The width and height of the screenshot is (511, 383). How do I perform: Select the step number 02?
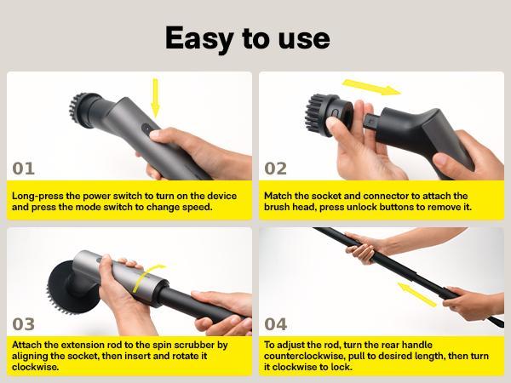point(276,168)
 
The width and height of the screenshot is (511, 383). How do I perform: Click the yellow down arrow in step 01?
point(156,99)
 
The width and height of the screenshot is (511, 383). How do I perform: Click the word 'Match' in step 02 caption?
point(278,195)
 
